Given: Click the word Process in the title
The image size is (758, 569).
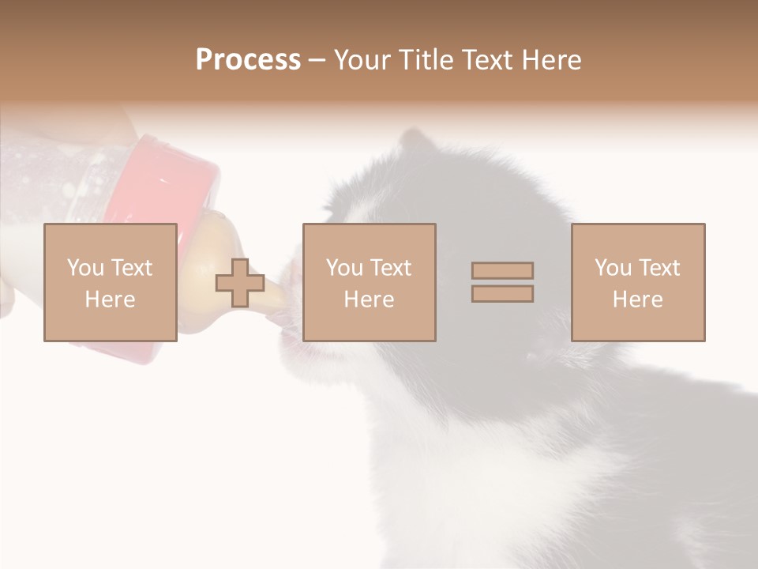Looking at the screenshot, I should tap(248, 60).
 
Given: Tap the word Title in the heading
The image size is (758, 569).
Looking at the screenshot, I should tap(428, 60).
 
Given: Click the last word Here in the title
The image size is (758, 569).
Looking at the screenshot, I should tap(553, 60).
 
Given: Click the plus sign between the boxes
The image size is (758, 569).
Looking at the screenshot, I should tap(240, 283).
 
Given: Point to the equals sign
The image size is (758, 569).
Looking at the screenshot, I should tap(502, 282).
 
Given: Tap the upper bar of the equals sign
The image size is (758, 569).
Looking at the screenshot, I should tap(502, 271).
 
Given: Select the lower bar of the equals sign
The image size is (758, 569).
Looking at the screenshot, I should tap(502, 294).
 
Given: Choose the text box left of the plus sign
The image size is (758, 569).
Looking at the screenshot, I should tap(110, 282).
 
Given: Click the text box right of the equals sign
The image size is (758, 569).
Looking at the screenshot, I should tap(638, 282).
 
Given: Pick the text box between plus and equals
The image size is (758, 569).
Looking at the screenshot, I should tap(369, 282).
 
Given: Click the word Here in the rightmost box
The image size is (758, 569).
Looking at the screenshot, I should tap(637, 300).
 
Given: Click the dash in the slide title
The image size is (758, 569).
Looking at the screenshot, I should tap(317, 60).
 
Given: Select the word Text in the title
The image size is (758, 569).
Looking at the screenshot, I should tap(490, 60).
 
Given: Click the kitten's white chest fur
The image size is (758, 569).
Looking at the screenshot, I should tap(442, 443).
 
